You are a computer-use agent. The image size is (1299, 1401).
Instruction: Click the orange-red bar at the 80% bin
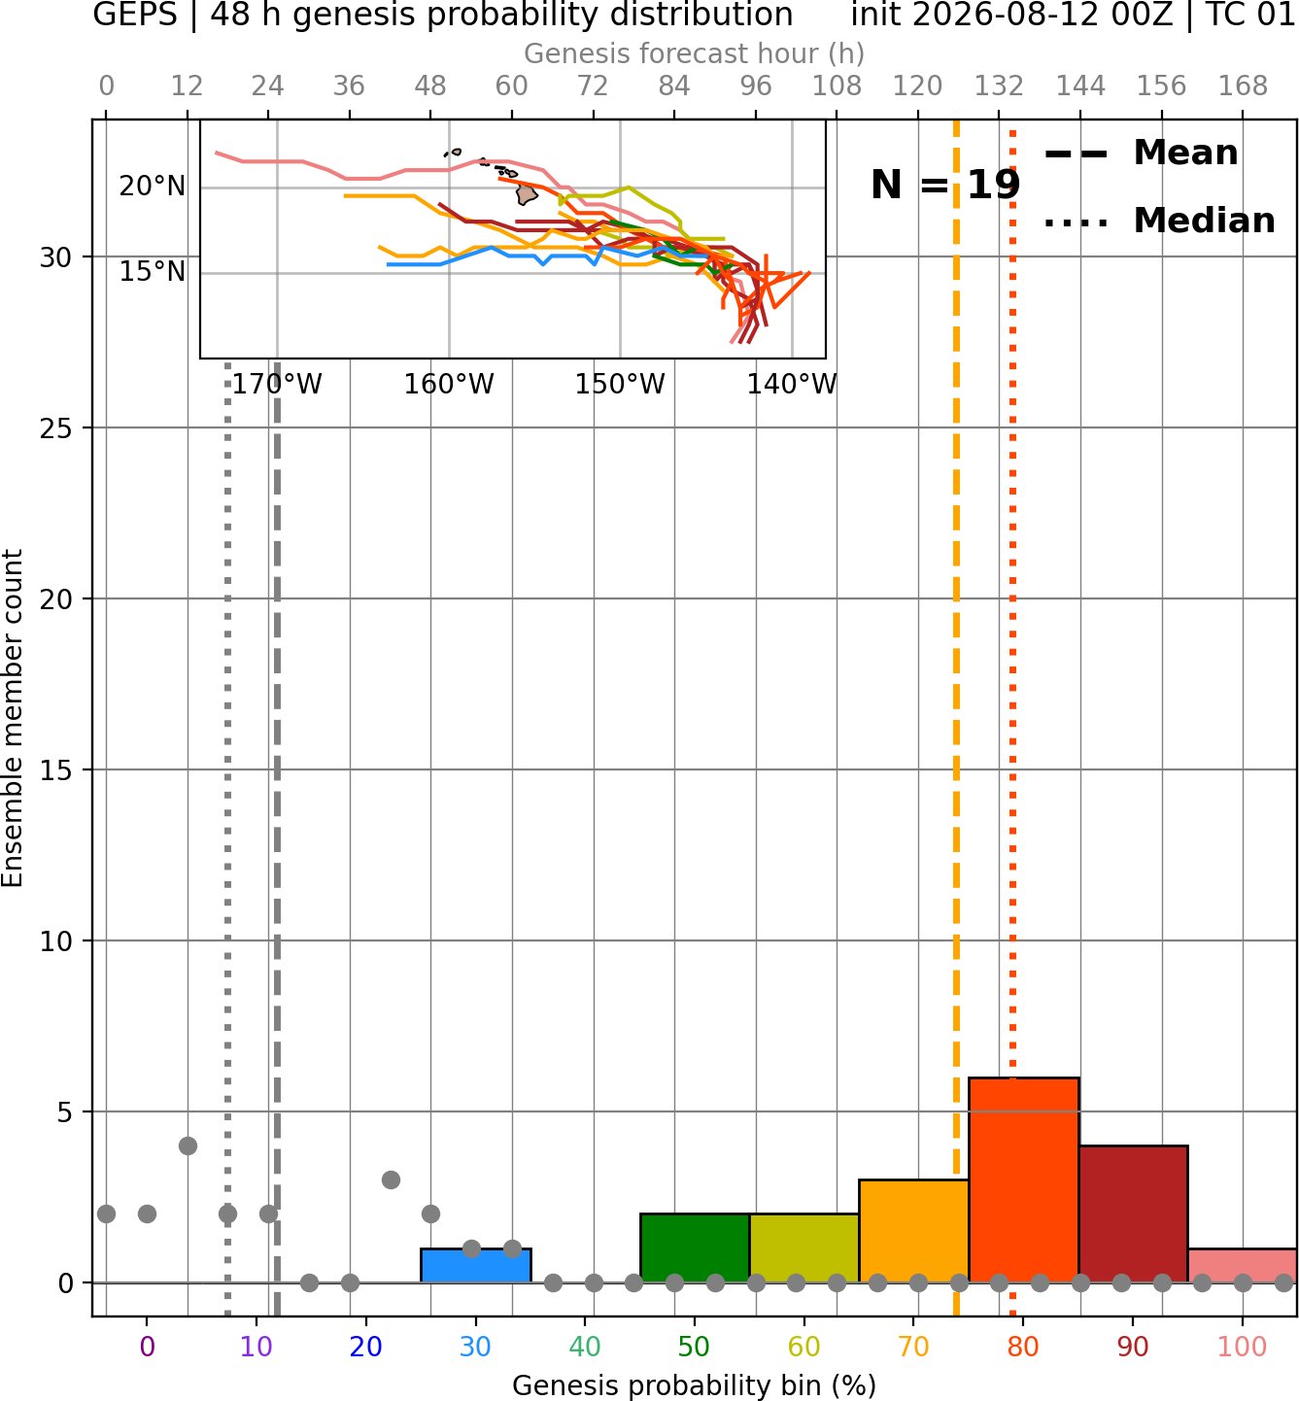[1024, 1179]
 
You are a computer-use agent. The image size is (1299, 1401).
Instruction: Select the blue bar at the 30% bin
[475, 1265]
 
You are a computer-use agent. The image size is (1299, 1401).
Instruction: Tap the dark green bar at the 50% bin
[695, 1247]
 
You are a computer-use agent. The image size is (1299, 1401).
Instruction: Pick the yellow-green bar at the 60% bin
[804, 1247]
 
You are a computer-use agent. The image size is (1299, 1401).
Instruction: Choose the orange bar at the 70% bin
[913, 1231]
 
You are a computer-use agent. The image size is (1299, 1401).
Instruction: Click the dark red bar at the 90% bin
[1133, 1214]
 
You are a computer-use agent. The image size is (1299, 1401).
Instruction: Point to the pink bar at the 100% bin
[1243, 1265]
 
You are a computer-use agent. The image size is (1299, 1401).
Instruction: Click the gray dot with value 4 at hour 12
[188, 1145]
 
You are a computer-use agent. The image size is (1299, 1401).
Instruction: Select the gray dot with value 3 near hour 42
[391, 1179]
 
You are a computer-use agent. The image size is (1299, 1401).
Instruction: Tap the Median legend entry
[1159, 221]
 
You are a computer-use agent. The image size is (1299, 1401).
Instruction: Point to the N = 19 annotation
[945, 185]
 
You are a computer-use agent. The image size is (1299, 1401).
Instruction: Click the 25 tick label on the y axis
[56, 428]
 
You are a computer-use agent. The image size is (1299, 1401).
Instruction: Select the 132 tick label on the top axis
[999, 86]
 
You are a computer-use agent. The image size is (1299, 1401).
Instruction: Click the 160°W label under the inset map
[449, 385]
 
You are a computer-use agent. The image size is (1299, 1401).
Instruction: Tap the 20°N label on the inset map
[153, 187]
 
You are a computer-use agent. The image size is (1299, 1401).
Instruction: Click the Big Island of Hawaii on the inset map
[526, 193]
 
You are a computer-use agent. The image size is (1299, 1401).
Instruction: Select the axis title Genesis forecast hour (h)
[695, 53]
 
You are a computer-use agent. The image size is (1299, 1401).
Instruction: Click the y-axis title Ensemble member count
[13, 719]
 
